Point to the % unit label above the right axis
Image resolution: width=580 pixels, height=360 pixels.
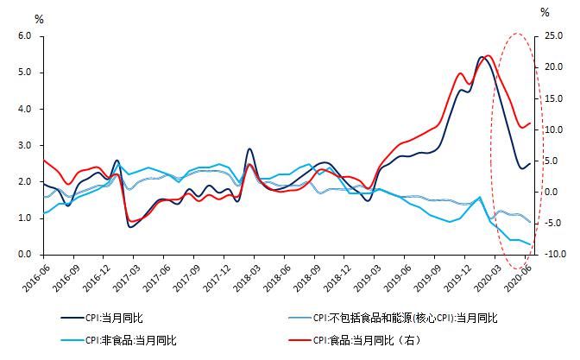point(545,12)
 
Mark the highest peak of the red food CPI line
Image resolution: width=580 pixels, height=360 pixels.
point(489,56)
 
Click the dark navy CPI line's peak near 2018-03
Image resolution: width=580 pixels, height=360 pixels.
point(249,149)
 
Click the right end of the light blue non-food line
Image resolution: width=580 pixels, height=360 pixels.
point(530,244)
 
